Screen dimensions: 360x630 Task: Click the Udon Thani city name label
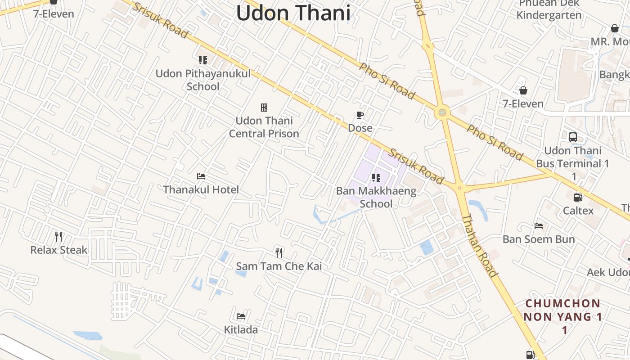click(293, 13)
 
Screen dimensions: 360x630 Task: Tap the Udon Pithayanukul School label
click(203, 80)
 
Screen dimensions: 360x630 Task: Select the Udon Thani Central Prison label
click(264, 127)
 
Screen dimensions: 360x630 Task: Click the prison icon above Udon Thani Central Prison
click(264, 107)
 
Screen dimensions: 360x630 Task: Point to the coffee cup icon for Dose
click(360, 115)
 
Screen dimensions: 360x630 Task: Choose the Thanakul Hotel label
click(201, 189)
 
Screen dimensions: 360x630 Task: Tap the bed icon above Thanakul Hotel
click(201, 176)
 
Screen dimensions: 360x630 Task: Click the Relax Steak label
click(59, 250)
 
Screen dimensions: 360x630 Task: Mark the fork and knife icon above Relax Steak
click(58, 237)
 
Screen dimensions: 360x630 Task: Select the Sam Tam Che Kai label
click(279, 266)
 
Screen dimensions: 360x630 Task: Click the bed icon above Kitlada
click(241, 316)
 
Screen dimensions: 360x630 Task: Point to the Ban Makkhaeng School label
click(376, 197)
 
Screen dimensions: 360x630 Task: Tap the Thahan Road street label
click(480, 245)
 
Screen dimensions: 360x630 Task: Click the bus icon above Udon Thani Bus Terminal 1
click(573, 137)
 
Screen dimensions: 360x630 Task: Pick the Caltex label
click(578, 210)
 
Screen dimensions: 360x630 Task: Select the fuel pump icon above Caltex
click(578, 197)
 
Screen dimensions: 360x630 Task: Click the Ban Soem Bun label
click(539, 239)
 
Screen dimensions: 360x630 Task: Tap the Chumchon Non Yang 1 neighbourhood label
click(562, 316)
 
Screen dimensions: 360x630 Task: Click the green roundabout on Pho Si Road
click(442, 112)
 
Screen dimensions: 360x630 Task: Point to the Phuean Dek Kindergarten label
click(549, 9)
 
